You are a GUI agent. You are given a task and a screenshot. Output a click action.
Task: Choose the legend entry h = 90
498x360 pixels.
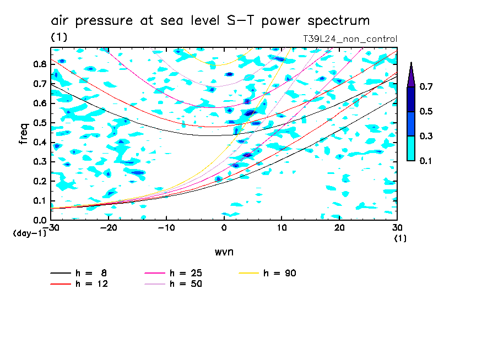click(x=280, y=273)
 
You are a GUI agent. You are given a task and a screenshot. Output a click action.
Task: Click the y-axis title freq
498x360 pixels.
click(x=24, y=133)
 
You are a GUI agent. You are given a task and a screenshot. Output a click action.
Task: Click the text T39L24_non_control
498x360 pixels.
click(x=350, y=39)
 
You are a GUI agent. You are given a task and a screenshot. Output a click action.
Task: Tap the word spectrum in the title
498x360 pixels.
click(x=335, y=21)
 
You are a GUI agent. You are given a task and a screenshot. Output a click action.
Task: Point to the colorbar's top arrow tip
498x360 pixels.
click(x=411, y=62)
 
